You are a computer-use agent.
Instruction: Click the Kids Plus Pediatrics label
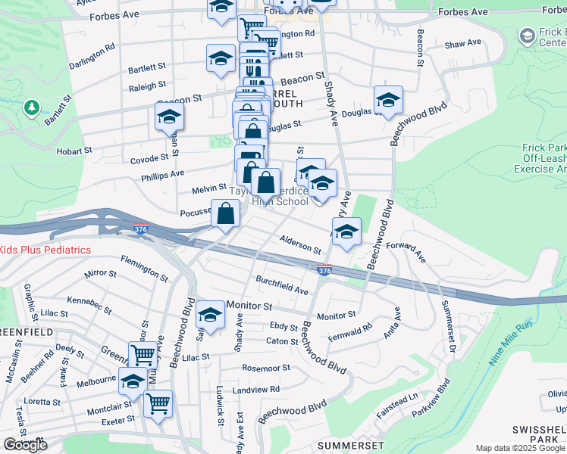45,250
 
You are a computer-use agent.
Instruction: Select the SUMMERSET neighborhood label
350,444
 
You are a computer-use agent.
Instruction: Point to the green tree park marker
32,108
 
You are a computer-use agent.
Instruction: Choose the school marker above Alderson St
346,232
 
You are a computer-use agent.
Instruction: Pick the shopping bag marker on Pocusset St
227,214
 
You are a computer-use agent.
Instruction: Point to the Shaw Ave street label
463,45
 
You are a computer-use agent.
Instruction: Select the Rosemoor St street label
265,368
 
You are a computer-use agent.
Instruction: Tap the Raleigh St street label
148,87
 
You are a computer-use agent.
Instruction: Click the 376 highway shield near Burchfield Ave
324,269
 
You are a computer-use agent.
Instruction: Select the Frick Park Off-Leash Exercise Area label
544,160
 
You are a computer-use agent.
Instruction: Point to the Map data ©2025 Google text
521,448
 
